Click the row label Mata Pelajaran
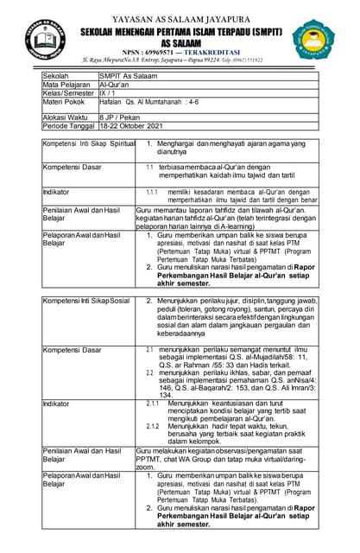(67, 85)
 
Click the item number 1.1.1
(152, 190)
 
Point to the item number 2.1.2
(152, 426)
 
